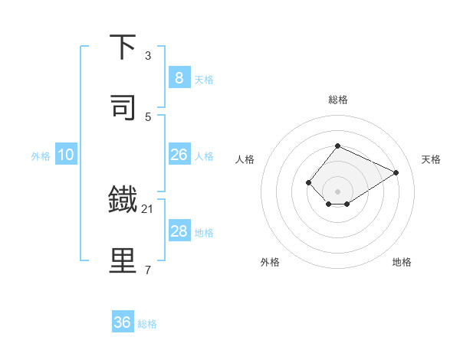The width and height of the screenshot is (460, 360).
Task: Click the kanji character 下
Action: click(x=123, y=47)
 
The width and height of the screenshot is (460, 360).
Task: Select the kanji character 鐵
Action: click(x=123, y=200)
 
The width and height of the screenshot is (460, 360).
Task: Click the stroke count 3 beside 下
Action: click(x=148, y=55)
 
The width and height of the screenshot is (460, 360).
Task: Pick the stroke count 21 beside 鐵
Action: click(x=148, y=208)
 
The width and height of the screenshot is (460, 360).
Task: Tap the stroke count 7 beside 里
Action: click(x=148, y=270)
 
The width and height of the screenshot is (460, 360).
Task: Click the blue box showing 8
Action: click(x=179, y=77)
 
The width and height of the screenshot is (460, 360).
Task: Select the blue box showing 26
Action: click(x=179, y=155)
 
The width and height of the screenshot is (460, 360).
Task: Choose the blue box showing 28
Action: click(x=179, y=231)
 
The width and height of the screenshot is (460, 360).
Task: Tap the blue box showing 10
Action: click(x=66, y=155)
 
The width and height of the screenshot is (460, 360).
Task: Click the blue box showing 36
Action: click(x=122, y=322)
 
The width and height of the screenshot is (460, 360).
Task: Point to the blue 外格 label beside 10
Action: click(x=41, y=155)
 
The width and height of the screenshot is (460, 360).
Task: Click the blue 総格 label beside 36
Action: click(x=147, y=323)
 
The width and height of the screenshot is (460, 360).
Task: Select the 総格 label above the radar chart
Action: click(x=337, y=100)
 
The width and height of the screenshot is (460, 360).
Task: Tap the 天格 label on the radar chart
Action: click(x=431, y=159)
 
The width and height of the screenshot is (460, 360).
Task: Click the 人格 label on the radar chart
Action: click(x=245, y=159)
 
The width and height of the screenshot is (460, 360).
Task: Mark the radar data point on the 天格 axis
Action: click(x=396, y=172)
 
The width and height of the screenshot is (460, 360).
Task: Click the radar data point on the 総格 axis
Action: click(x=337, y=146)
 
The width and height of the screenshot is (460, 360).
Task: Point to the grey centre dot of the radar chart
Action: click(x=337, y=191)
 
